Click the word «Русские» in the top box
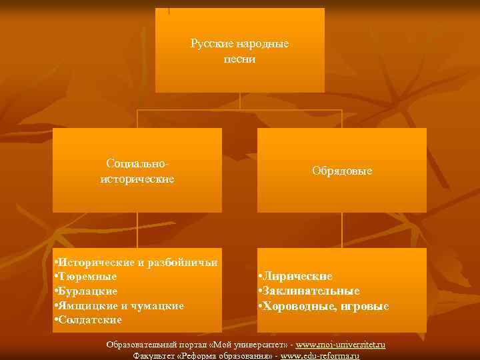coord(210,44)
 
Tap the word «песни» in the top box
coord(240,59)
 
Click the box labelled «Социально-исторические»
coord(137,171)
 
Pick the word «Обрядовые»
coord(342,171)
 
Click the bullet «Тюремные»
coord(88,277)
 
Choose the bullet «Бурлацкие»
coord(89,291)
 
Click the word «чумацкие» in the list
coord(159,305)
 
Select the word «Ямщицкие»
coord(88,305)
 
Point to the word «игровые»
coord(366,306)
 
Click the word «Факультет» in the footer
coord(155,356)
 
